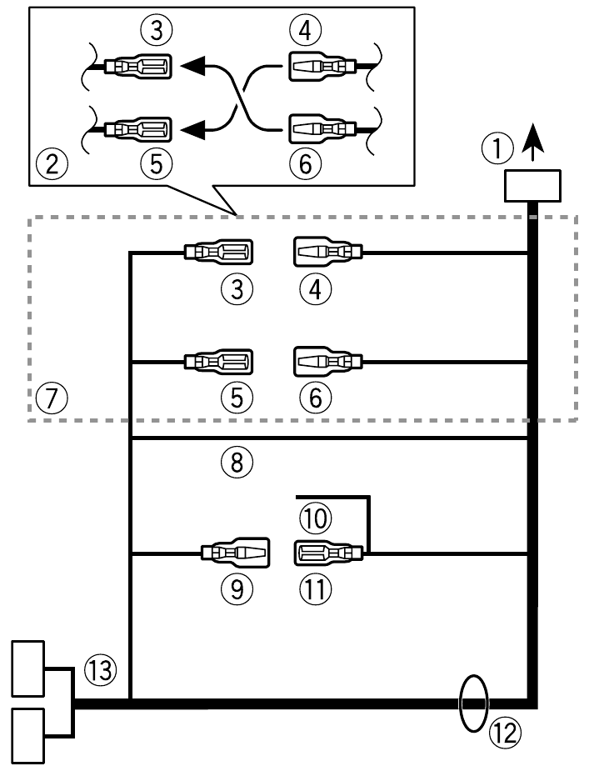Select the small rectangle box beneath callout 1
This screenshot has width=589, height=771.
(x=533, y=185)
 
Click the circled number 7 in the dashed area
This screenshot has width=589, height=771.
(x=52, y=398)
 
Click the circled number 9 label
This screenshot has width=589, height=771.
(x=237, y=589)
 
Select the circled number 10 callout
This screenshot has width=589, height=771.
(x=315, y=517)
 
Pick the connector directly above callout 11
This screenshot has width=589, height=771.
(x=327, y=552)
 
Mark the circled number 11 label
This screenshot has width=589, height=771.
(x=315, y=589)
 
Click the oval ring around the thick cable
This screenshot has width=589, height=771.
(x=473, y=701)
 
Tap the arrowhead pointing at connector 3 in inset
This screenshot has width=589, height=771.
(x=193, y=65)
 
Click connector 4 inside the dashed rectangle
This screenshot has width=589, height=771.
(x=327, y=250)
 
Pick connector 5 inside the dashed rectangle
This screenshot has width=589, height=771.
(x=219, y=363)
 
